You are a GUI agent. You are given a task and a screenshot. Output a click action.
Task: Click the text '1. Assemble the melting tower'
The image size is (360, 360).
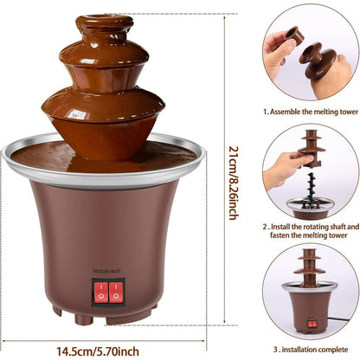(x=311, y=112)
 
